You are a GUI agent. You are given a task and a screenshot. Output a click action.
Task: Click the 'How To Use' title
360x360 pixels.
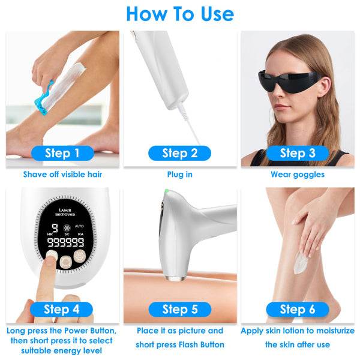(x=180, y=14)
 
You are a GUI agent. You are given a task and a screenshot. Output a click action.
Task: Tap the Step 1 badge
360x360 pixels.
(x=62, y=153)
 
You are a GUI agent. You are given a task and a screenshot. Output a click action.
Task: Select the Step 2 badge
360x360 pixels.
(x=180, y=153)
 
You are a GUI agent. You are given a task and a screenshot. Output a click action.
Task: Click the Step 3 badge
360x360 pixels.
(x=298, y=153)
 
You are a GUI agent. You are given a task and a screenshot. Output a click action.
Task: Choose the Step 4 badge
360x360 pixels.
(x=62, y=309)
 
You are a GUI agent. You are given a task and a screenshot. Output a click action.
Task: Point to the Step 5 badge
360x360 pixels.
(x=180, y=309)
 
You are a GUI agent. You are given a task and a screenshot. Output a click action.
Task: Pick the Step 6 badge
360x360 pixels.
(x=298, y=309)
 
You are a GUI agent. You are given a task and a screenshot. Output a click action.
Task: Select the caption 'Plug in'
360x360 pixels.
(x=180, y=175)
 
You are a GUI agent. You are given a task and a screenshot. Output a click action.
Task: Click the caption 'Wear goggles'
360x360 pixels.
(x=298, y=175)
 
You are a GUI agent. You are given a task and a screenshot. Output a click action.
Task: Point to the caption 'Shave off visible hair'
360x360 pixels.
(x=62, y=175)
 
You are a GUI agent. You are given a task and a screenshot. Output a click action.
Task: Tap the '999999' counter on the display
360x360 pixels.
(x=65, y=242)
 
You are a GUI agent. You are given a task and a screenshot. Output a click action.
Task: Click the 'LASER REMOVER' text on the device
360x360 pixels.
(x=65, y=212)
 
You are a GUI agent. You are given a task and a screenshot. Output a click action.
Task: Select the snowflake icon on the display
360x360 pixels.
(x=67, y=227)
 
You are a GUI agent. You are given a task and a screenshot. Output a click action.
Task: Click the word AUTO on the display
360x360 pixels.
(x=79, y=226)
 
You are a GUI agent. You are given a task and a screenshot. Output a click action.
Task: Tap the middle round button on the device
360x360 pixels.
(x=66, y=262)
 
